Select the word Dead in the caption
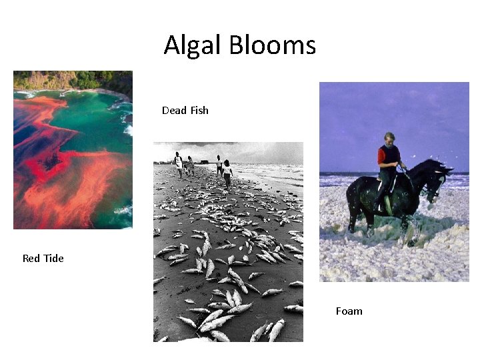tap(174, 110)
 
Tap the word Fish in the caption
tap(199, 110)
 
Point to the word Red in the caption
tap(31, 258)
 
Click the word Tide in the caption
tap(53, 258)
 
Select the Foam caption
tap(349, 311)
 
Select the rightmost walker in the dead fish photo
tap(228, 172)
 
